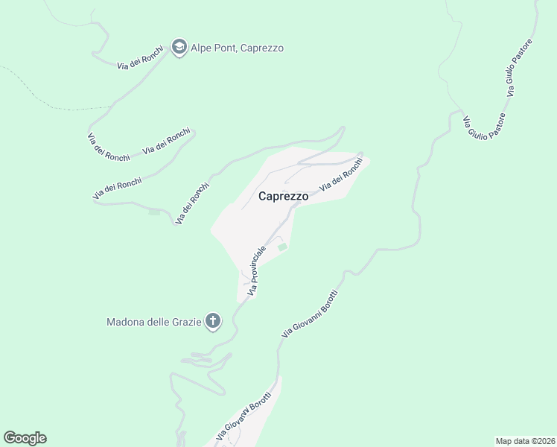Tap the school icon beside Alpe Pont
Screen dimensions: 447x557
pos(179,48)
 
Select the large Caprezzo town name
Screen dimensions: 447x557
pos(283,197)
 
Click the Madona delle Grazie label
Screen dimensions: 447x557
pos(154,322)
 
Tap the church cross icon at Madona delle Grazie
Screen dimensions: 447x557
pos(213,322)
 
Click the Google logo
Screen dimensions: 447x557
pos(25,438)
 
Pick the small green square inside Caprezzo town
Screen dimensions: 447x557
pos(281,247)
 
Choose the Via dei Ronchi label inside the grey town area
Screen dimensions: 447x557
pos(341,177)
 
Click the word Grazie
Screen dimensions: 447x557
pos(185,322)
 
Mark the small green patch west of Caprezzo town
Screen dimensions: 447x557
pos(154,212)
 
